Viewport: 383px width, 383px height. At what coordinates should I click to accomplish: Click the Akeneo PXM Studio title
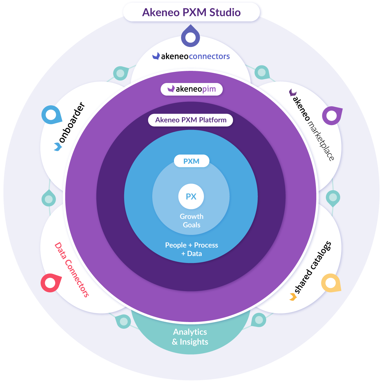pos(191,12)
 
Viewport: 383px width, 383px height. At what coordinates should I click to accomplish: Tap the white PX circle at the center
pos(191,197)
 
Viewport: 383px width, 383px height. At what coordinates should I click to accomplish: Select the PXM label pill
pos(191,161)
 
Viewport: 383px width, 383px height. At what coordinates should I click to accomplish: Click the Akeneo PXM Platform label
pos(191,120)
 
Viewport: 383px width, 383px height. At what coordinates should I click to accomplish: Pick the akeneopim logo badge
pos(191,89)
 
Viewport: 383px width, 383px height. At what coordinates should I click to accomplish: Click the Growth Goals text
pos(191,221)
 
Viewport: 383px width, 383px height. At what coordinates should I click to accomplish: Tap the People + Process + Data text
pos(191,249)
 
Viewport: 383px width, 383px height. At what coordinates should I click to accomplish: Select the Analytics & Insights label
pos(190,337)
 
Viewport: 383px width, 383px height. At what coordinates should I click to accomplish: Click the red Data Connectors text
pos(71,270)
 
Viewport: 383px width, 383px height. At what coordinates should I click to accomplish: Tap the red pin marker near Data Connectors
pos(50,282)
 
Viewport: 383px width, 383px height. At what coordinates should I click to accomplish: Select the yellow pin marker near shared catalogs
pos(331,283)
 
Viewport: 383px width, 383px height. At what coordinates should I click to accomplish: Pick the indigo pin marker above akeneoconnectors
pos(191,37)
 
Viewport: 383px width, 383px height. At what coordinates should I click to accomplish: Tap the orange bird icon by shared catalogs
pos(293,297)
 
